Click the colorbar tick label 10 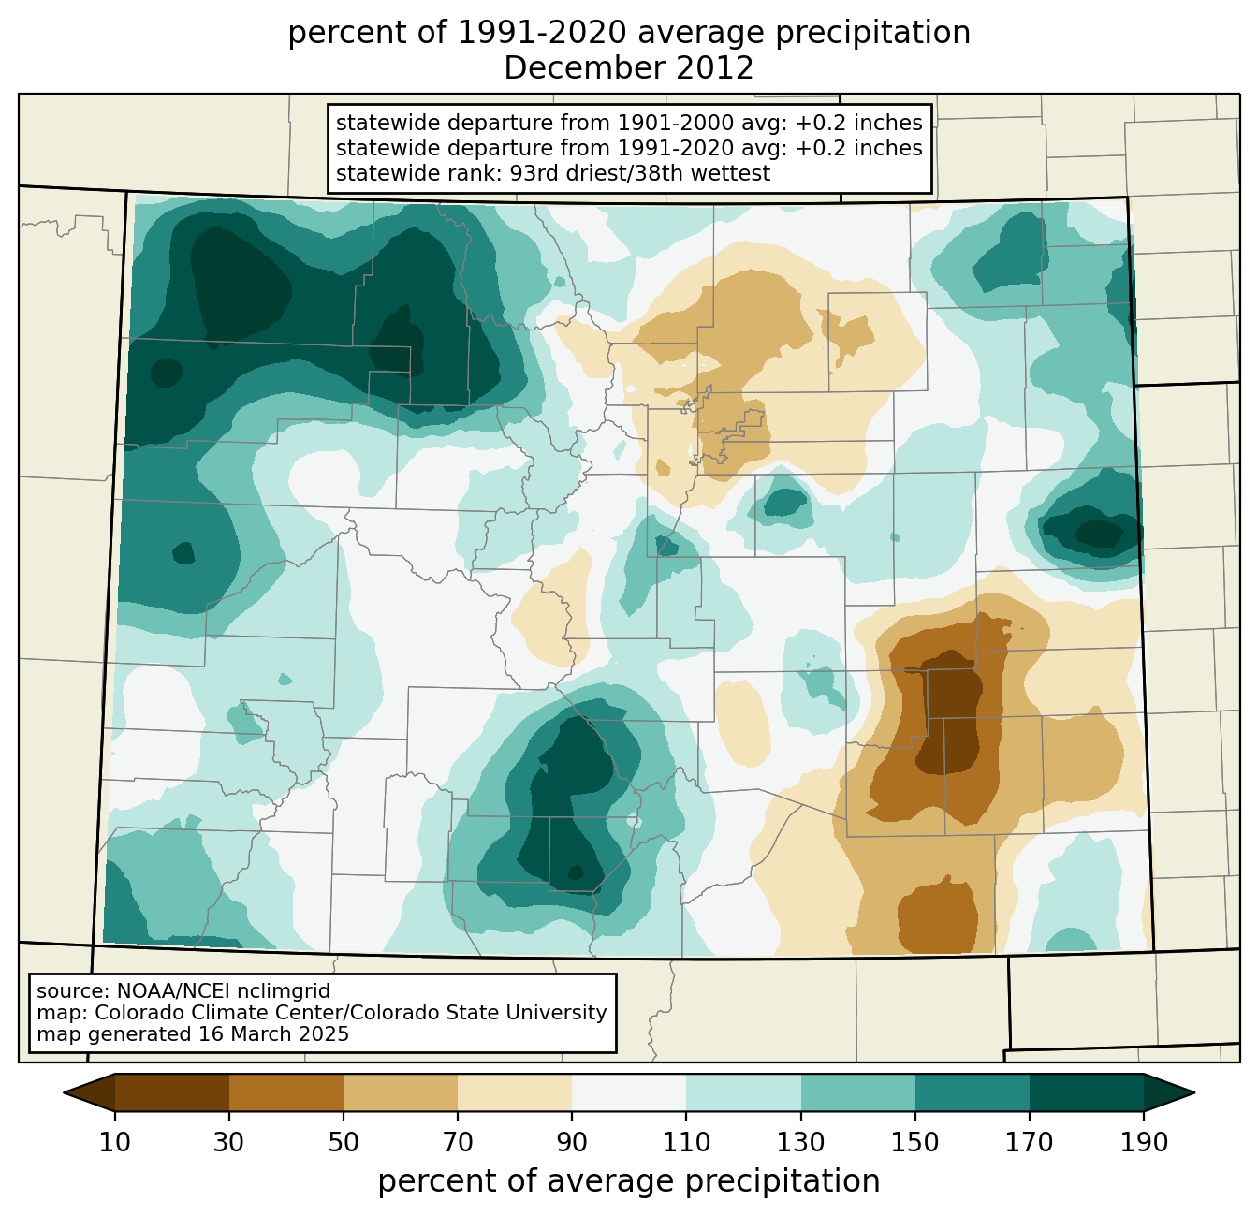(x=115, y=1143)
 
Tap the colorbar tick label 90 (x=572, y=1143)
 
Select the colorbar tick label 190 (x=1144, y=1143)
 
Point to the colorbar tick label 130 (x=801, y=1143)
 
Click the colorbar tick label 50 (x=344, y=1143)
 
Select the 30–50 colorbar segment (x=286, y=1092)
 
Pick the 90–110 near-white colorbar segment (x=629, y=1092)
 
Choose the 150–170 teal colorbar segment (x=973, y=1092)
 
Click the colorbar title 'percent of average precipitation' (x=629, y=1181)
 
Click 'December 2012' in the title (x=629, y=68)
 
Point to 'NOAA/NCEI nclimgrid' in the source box (x=224, y=990)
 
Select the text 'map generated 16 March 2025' (x=193, y=1034)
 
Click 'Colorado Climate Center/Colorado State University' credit (x=351, y=1013)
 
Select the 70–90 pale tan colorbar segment (x=515, y=1092)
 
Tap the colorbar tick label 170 (x=1030, y=1143)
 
